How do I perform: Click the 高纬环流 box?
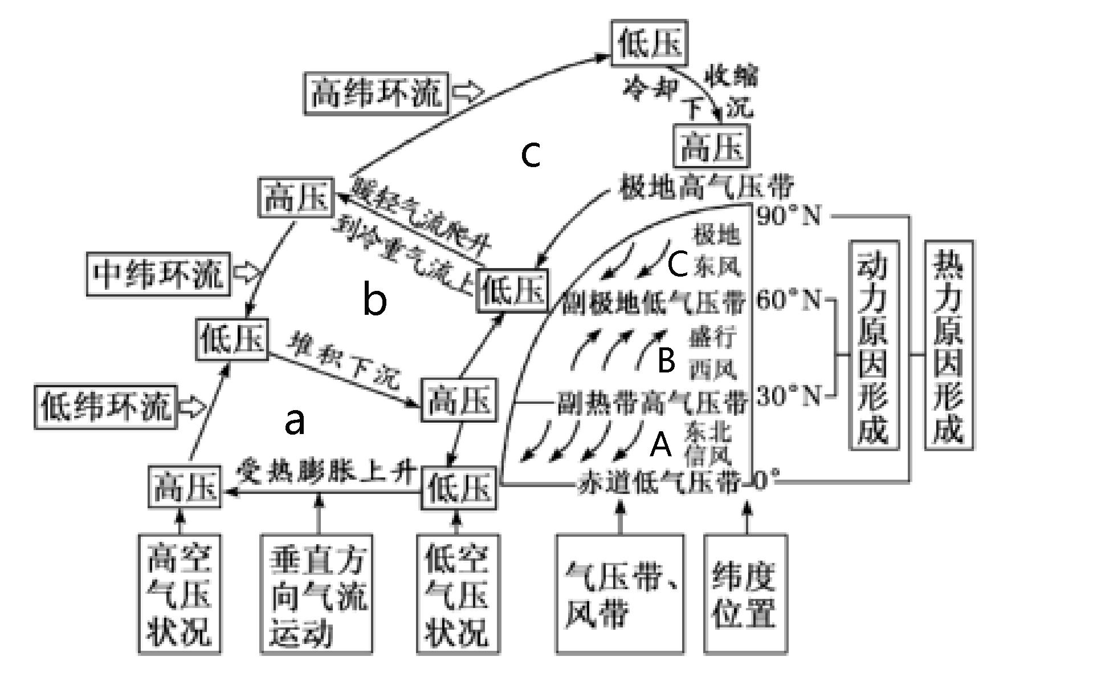376,93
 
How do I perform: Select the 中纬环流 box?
158,274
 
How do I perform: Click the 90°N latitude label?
790,216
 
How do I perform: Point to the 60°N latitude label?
790,299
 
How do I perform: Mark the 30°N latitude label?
790,395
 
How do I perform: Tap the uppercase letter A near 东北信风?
661,445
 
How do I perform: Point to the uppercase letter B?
666,360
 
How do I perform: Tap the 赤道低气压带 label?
659,483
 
